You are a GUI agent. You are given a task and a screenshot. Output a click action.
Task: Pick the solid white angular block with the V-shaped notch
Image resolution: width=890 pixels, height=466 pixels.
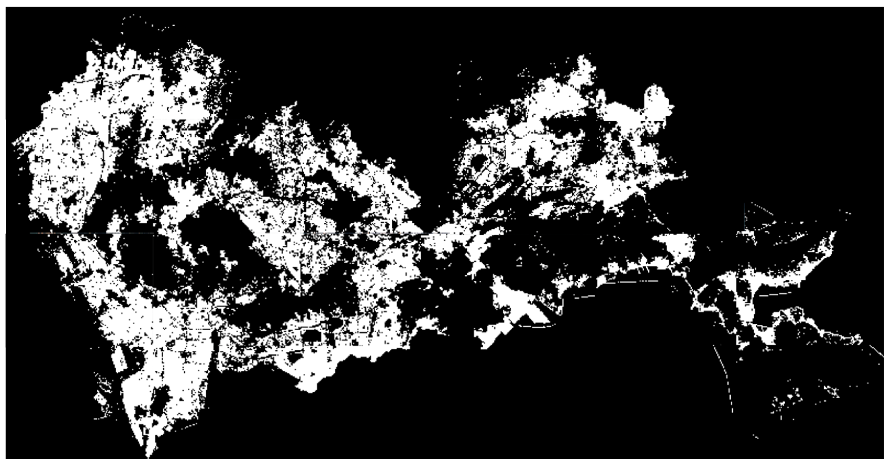point(511,311)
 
